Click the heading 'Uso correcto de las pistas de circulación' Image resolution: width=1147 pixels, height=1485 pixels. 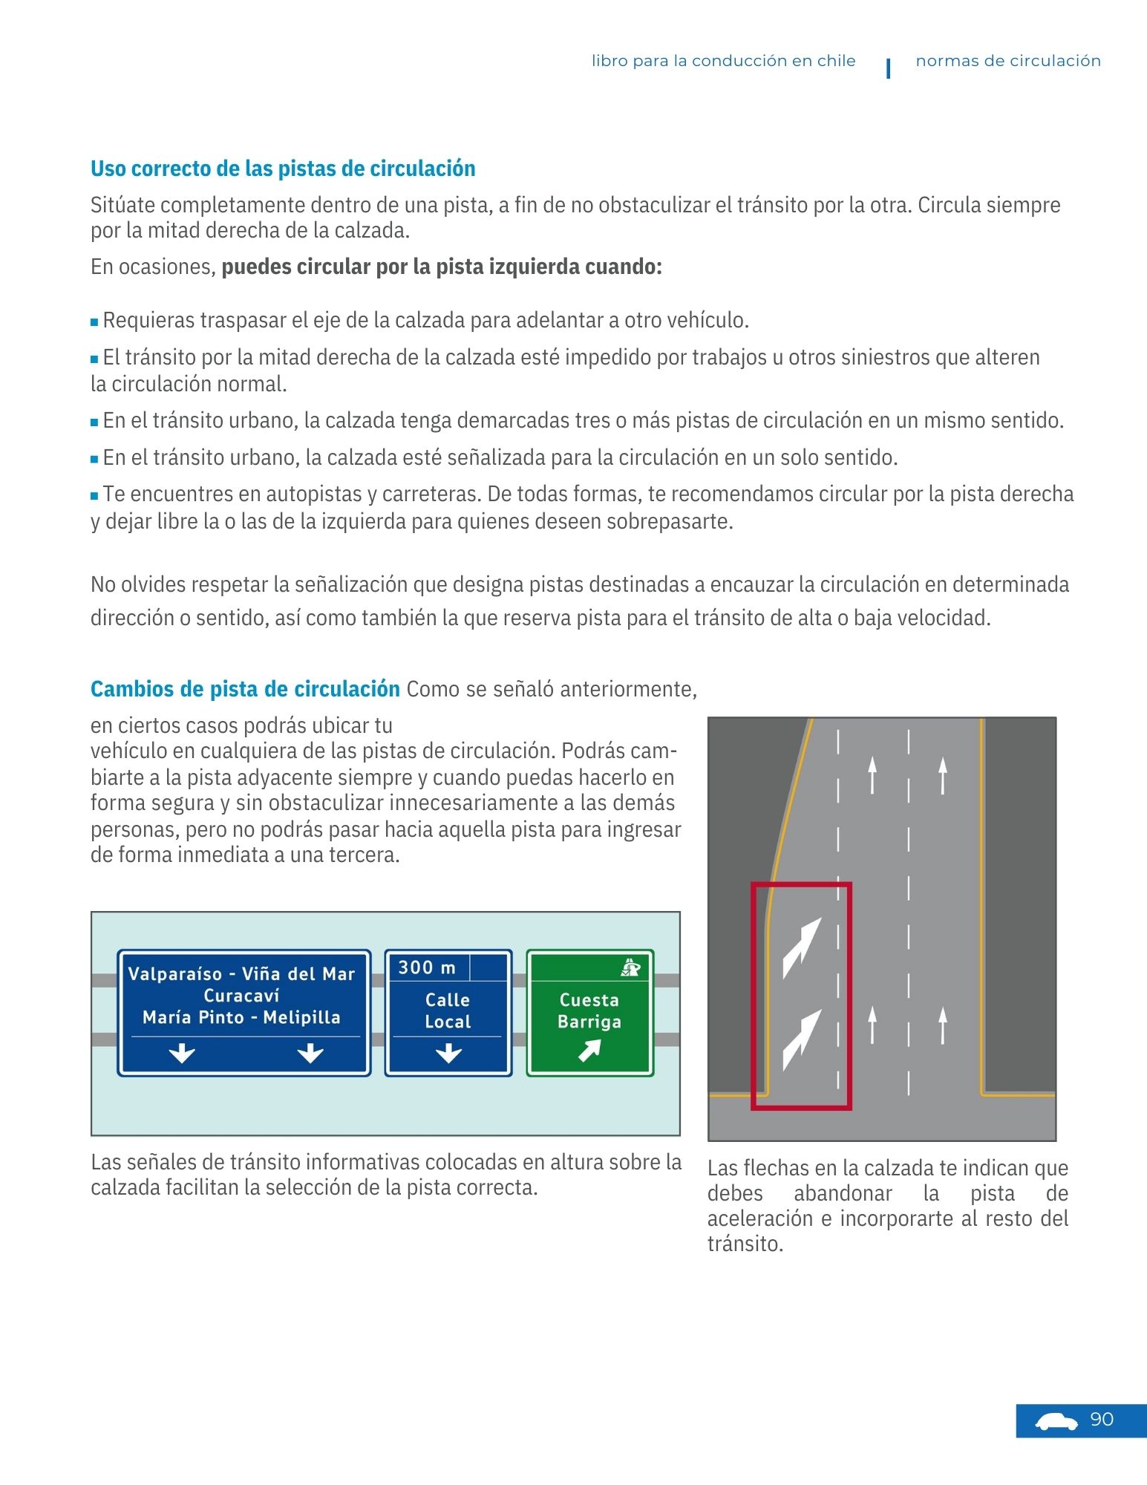(282, 169)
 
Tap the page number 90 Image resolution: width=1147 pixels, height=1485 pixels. (1102, 1419)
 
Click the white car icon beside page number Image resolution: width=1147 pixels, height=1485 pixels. (1056, 1421)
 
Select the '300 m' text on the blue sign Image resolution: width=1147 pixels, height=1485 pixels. (427, 967)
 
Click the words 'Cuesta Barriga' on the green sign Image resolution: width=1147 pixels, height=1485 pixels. (589, 1011)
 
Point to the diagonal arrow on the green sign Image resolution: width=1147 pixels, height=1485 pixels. (589, 1050)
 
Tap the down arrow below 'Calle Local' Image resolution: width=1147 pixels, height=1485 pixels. (448, 1053)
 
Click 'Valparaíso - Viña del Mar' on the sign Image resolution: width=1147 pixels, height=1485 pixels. (241, 973)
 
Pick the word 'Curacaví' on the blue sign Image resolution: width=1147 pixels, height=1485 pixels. (241, 995)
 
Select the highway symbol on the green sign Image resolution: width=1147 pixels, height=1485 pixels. (631, 966)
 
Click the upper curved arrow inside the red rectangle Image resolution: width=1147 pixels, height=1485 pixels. (802, 947)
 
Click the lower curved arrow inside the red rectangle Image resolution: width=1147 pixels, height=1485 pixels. (802, 1039)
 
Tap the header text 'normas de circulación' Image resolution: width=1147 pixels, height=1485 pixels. (1007, 61)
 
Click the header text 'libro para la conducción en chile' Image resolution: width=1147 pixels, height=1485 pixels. (723, 61)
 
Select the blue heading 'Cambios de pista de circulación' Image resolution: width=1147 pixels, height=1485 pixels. (245, 689)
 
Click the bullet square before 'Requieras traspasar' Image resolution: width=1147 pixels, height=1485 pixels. (94, 322)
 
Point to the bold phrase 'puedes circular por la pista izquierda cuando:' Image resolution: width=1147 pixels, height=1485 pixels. (442, 267)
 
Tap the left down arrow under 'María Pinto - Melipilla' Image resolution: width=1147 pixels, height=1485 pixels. (182, 1053)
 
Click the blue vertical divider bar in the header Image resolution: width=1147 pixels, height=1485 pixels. (888, 68)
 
